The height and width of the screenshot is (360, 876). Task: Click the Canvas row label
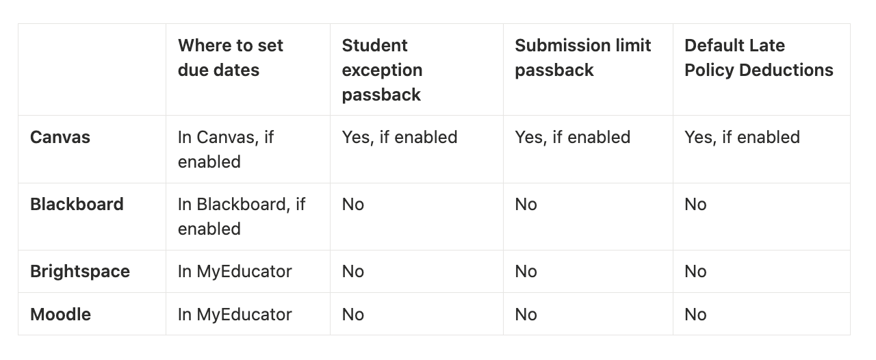coord(60,138)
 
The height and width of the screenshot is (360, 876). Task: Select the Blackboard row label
coord(77,204)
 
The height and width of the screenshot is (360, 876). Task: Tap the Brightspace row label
coord(80,272)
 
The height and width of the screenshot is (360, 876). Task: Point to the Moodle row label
coord(60,314)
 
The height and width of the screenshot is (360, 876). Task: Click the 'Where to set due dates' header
coord(231,57)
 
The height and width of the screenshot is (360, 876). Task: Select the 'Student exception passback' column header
coord(382,70)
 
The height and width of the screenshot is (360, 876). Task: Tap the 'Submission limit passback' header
coord(582,57)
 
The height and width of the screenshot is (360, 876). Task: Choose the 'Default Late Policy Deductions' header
coord(759,57)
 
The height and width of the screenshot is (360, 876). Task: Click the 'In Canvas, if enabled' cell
coord(226,149)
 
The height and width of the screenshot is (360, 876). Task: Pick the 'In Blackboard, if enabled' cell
coord(242,216)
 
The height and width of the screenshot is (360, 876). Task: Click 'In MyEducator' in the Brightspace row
coord(235,272)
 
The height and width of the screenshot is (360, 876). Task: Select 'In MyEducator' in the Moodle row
coord(235,314)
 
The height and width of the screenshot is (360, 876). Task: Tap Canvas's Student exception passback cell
coord(399,138)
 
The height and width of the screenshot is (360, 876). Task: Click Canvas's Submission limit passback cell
coord(573,138)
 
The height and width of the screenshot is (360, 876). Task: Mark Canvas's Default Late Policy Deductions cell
coord(742,138)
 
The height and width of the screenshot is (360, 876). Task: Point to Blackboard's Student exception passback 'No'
coord(352,204)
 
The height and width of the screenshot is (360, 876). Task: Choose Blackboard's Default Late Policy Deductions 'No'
coord(695,204)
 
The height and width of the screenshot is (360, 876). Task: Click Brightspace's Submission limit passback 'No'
coord(526,272)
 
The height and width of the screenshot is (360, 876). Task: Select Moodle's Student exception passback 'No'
coord(352,314)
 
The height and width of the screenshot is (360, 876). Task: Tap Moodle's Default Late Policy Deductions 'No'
coord(695,314)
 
